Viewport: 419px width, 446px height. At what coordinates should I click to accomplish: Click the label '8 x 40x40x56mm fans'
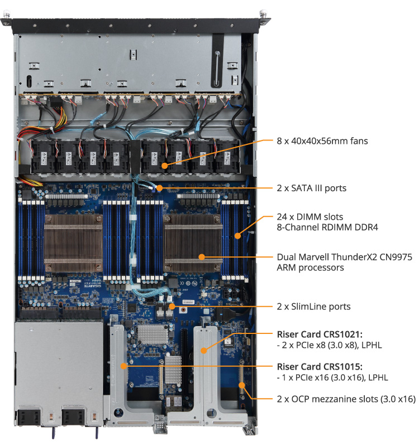[322, 141]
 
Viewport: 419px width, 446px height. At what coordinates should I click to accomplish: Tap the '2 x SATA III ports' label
[312, 188]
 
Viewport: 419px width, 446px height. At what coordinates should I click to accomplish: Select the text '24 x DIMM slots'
[310, 217]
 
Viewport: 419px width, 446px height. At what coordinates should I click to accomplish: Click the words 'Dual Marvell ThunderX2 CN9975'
[344, 257]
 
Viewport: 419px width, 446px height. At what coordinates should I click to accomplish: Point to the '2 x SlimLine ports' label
[313, 307]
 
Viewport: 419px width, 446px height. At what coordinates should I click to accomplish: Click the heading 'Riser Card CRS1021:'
[320, 334]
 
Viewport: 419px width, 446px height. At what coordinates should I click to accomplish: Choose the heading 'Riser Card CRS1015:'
[320, 367]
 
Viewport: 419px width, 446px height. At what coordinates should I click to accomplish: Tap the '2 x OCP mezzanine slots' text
[327, 399]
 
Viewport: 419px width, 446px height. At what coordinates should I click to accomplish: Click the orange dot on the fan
[164, 166]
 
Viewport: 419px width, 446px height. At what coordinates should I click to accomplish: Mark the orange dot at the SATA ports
[159, 188]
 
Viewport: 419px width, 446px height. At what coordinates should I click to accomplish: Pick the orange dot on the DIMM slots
[238, 235]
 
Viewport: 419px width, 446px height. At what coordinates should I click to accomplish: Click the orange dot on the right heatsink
[202, 257]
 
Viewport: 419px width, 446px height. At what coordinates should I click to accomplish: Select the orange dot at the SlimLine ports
[172, 306]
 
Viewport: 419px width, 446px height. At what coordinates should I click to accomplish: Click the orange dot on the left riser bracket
[123, 366]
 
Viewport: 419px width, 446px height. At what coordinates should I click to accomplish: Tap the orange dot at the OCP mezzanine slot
[242, 385]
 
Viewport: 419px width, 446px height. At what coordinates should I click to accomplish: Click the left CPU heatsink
[73, 243]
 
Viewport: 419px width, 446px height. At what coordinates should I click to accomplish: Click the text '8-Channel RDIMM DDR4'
[327, 227]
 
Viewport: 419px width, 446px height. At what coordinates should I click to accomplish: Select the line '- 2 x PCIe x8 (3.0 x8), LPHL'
[329, 345]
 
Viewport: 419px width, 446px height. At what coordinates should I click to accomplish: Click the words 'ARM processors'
[310, 268]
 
